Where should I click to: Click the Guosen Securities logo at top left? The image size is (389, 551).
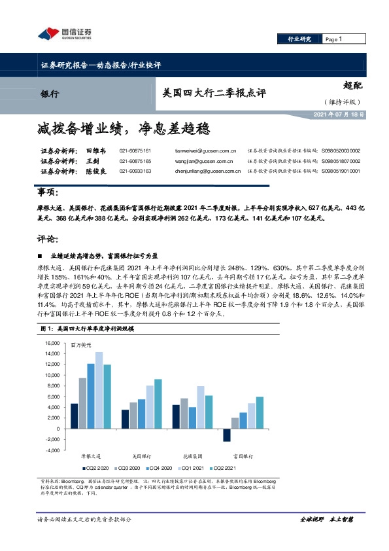63,33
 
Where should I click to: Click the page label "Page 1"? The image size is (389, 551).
335,40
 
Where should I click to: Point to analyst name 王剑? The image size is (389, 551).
92,160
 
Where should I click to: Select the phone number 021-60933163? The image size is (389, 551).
135,171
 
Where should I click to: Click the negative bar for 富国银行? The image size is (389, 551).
227,435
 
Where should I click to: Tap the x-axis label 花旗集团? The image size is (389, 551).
196,455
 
